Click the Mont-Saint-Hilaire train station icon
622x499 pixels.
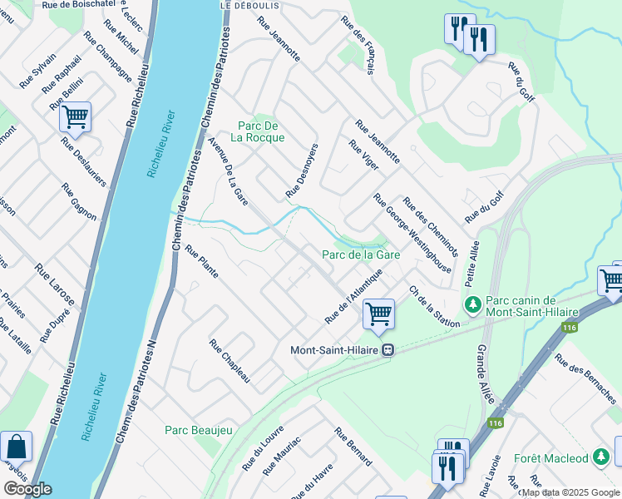pos(387,350)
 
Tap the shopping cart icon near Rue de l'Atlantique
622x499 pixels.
pos(378,314)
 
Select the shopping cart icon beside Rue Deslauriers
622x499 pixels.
pos(75,117)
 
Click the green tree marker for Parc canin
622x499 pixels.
pos(472,305)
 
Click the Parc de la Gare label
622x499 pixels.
pos(362,254)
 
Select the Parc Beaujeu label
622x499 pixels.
pos(198,430)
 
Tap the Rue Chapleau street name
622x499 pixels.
pos(230,361)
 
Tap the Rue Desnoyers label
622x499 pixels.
pos(303,170)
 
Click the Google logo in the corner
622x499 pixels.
pos(27,489)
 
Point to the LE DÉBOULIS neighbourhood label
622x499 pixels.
pos(248,5)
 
